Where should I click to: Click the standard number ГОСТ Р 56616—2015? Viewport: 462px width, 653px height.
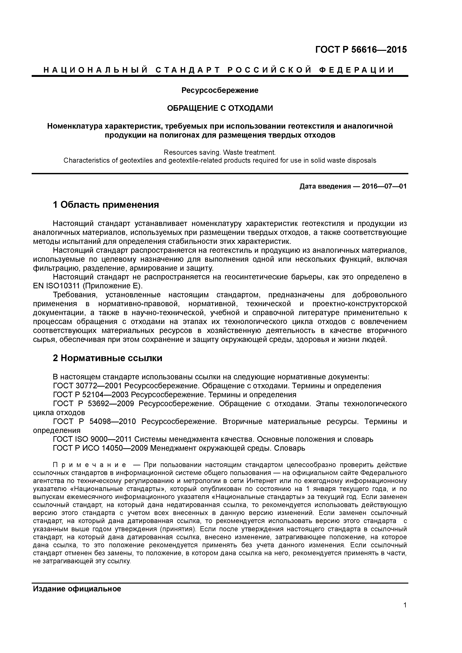click(x=361, y=50)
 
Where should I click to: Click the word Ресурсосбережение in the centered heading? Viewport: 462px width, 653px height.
click(x=220, y=90)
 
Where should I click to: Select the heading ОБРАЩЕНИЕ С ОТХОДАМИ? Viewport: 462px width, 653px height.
click(x=220, y=108)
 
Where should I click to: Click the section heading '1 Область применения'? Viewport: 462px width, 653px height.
click(x=106, y=205)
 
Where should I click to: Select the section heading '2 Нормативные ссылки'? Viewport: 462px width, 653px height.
click(x=108, y=358)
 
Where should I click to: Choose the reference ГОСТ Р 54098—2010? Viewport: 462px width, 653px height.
click(x=94, y=421)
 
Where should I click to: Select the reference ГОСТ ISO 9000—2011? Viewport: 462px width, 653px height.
click(x=93, y=439)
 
